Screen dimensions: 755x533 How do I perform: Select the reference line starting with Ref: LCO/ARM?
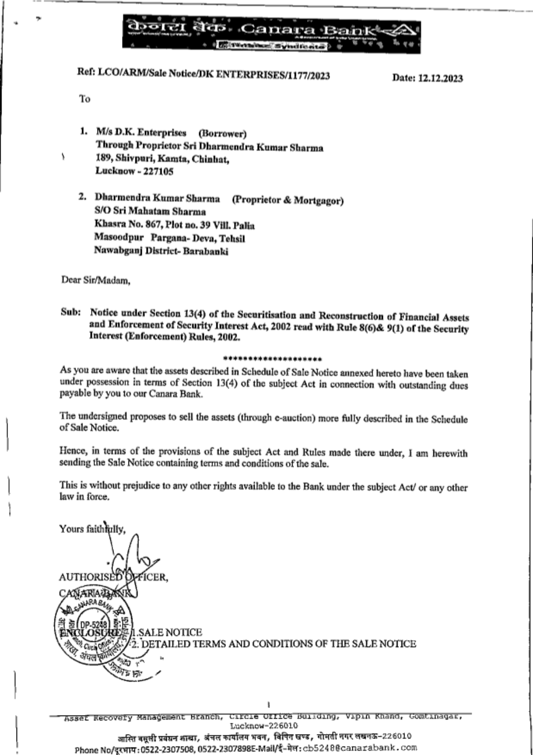[x=203, y=75]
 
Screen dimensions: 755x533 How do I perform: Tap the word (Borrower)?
[x=222, y=133]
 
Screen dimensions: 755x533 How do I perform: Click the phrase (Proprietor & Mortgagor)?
[x=287, y=201]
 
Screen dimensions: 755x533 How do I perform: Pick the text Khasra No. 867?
[x=128, y=225]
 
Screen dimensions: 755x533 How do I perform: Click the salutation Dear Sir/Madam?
[x=95, y=280]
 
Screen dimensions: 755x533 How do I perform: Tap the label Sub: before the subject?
[x=70, y=312]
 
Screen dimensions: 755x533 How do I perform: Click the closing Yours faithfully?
[x=92, y=529]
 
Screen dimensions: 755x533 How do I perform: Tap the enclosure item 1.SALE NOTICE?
[x=167, y=632]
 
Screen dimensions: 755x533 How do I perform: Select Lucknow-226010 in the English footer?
[x=264, y=726]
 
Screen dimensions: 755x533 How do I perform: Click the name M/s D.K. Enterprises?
[x=141, y=132]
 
